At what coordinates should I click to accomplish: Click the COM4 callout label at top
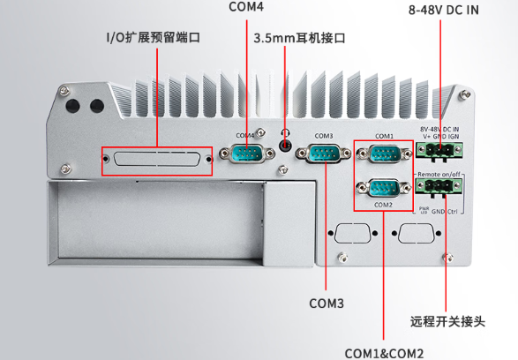[246, 8]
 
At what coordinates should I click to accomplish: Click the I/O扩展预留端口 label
[154, 38]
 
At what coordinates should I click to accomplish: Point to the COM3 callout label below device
[326, 303]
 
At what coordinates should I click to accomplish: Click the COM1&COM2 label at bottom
[384, 351]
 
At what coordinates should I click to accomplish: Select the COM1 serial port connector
[383, 156]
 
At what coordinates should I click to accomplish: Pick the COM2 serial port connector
[383, 188]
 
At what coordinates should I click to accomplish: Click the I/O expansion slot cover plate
[157, 161]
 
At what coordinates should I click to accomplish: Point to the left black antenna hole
[72, 105]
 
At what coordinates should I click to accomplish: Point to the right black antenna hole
[94, 105]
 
